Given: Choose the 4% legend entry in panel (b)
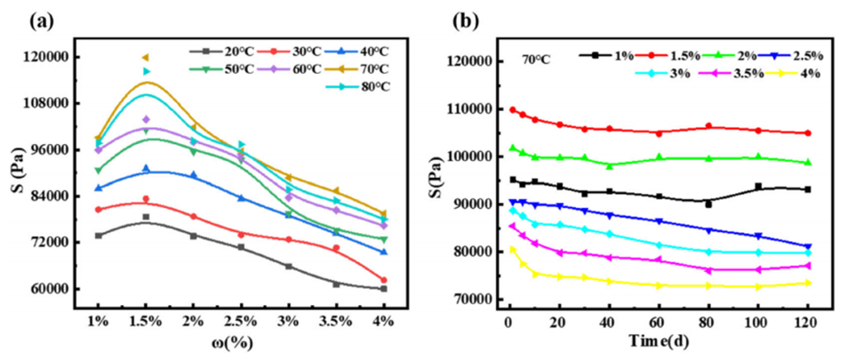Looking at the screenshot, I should tap(797, 73).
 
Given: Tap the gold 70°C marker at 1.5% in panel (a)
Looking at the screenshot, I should tap(146, 58).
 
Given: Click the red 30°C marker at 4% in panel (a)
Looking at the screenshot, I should tap(383, 280).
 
